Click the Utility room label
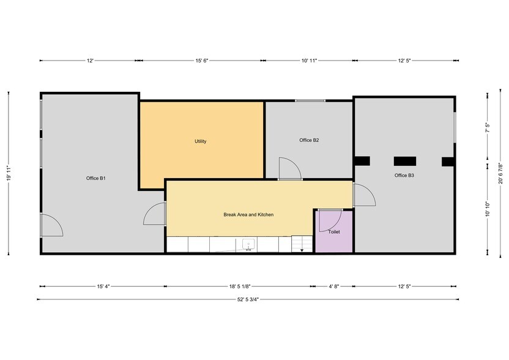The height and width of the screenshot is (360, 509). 201,141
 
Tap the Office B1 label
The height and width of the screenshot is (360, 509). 96,178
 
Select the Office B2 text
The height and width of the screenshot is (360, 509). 309,140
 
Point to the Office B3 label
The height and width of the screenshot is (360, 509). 404,176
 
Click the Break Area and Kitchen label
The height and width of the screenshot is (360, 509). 248,215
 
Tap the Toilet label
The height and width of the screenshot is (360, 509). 334,232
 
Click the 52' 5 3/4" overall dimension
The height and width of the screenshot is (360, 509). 248,299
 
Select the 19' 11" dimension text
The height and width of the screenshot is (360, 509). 9,174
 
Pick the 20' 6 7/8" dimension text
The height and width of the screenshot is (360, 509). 500,176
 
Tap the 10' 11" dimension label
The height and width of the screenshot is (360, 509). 309,61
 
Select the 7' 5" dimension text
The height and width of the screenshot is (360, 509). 488,128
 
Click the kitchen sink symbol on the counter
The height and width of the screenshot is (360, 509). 249,244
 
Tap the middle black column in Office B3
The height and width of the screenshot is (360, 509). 405,161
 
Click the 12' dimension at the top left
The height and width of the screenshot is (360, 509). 89,61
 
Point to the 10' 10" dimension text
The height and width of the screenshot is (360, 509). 488,209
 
